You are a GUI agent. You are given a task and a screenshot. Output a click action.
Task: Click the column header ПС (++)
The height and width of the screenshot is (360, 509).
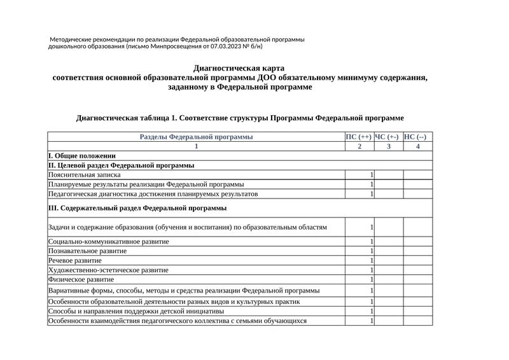click(x=359, y=137)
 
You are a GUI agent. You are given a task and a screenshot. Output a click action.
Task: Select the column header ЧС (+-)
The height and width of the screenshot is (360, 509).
click(x=387, y=137)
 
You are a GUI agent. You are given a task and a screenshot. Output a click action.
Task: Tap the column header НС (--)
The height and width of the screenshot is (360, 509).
click(x=417, y=137)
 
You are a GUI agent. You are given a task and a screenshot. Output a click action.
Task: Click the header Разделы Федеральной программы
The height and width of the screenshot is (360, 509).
click(x=196, y=137)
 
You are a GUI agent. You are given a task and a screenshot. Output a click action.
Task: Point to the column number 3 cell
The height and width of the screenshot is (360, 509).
click(x=388, y=146)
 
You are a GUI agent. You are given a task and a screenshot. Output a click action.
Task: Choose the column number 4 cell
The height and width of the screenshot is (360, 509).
click(x=417, y=146)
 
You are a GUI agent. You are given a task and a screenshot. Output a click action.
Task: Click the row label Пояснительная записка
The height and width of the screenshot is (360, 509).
click(x=85, y=175)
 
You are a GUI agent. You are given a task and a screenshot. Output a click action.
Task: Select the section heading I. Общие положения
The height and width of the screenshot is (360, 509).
click(x=82, y=156)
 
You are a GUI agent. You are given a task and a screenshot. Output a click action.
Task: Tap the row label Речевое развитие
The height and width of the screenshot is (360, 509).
click(x=75, y=261)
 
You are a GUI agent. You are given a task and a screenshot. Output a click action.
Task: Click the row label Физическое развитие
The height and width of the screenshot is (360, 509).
click(x=81, y=279)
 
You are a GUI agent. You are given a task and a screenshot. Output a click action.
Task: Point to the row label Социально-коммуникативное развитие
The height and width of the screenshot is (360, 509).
click(x=108, y=242)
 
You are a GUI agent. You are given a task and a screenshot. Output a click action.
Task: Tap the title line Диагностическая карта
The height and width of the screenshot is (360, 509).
click(x=239, y=68)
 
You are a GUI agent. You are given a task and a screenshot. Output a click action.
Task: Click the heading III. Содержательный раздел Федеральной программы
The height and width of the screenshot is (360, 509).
click(x=137, y=208)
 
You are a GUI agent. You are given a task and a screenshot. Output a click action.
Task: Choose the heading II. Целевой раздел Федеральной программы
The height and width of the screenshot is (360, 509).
click(x=122, y=165)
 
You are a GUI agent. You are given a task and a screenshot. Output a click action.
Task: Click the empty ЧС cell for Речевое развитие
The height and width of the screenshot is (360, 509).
click(x=388, y=261)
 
